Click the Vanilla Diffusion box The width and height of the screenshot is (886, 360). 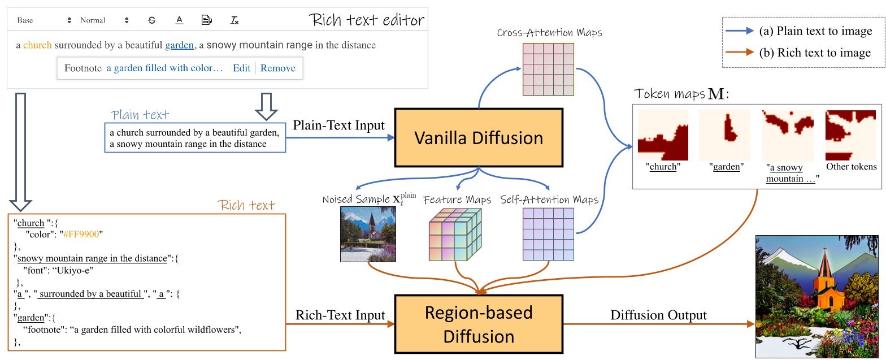(x=479, y=137)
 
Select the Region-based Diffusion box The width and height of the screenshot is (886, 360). (x=479, y=325)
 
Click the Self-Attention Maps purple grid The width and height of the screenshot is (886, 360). (x=548, y=235)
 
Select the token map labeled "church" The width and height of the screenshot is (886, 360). (x=663, y=136)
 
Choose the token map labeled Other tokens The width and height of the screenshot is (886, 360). (x=851, y=136)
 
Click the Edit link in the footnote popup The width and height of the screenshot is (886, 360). (x=241, y=68)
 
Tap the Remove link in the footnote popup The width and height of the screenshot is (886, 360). (x=277, y=68)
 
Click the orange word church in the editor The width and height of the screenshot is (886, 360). (x=38, y=45)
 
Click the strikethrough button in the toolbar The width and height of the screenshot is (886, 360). (x=151, y=20)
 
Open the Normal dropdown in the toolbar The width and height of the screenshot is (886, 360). (x=105, y=20)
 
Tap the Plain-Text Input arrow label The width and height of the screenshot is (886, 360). (x=339, y=125)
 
